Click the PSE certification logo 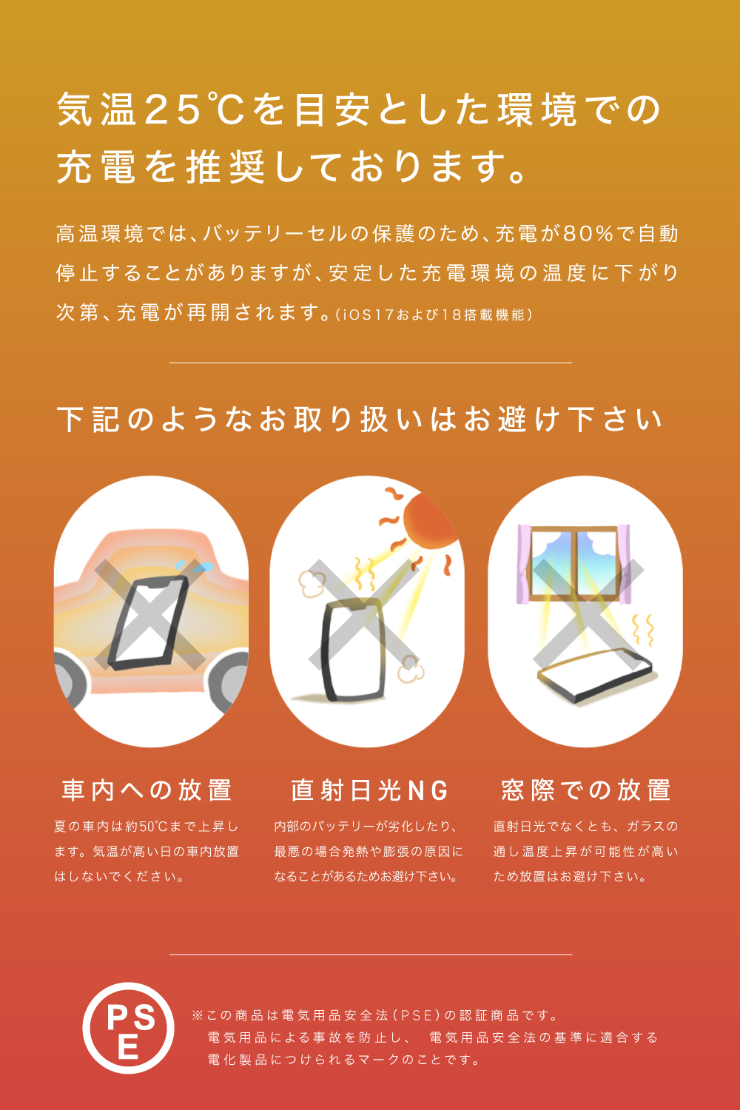[128, 1029]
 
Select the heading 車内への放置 [147, 790]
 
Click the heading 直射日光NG [370, 790]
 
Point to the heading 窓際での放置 [586, 790]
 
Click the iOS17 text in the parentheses [366, 314]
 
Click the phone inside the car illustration [148, 623]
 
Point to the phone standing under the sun [353, 650]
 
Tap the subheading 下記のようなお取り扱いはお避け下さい [360, 420]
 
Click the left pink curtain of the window [524, 564]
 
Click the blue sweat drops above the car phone [196, 566]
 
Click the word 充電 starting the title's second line [95, 167]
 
